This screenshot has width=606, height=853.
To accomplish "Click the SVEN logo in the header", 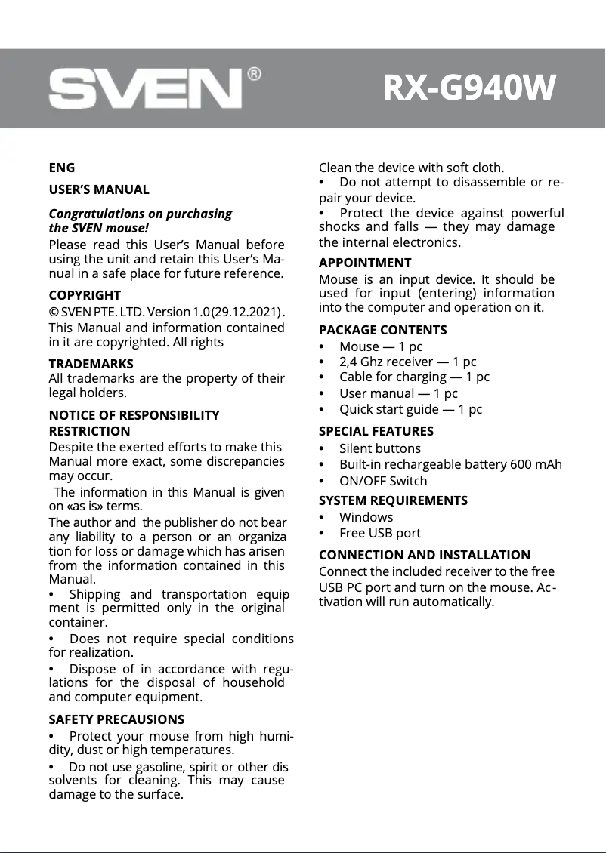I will (146, 90).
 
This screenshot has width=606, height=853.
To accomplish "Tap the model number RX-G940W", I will (469, 89).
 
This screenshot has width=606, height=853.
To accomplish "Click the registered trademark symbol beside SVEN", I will (255, 74).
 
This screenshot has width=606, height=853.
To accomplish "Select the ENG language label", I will (62, 168).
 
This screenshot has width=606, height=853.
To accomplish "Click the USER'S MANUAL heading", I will (99, 189).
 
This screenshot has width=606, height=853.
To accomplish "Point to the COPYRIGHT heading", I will (85, 295).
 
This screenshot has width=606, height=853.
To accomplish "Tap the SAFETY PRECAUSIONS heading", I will (116, 719).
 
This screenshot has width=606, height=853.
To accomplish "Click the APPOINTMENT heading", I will (365, 263).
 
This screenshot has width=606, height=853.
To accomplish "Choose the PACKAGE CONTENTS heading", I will (382, 330).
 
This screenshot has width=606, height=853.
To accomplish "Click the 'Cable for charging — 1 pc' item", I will (414, 377).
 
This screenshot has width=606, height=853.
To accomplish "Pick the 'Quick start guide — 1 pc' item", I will (410, 409).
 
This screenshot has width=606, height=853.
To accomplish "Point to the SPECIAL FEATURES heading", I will (376, 431).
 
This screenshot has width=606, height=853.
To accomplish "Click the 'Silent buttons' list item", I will (380, 448).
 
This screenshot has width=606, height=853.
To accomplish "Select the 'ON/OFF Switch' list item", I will (383, 481).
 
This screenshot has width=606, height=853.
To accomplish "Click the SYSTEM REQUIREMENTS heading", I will (393, 500).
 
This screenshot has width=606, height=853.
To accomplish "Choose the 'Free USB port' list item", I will (380, 533).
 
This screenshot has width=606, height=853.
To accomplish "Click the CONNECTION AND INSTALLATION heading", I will (425, 555).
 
